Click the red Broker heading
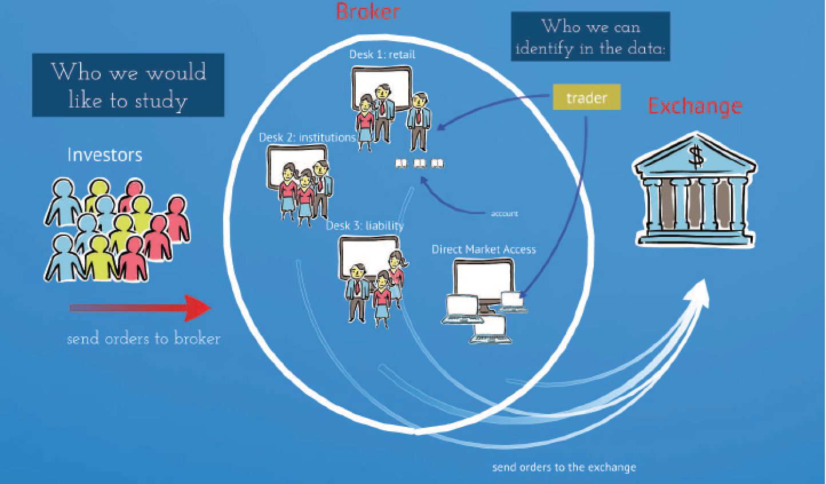tap(367, 11)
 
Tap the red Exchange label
tap(694, 106)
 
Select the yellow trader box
tap(586, 98)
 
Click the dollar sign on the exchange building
tap(696, 157)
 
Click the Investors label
tap(105, 155)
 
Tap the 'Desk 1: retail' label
tap(382, 55)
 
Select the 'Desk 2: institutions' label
tap(307, 137)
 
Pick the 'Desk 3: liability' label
tap(364, 225)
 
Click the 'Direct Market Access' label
tap(483, 249)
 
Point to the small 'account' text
tap(504, 213)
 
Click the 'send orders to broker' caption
tap(143, 339)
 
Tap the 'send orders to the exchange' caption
tap(563, 467)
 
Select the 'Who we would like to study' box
tap(128, 85)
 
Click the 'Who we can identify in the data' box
tap(590, 37)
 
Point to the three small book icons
tap(419, 164)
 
